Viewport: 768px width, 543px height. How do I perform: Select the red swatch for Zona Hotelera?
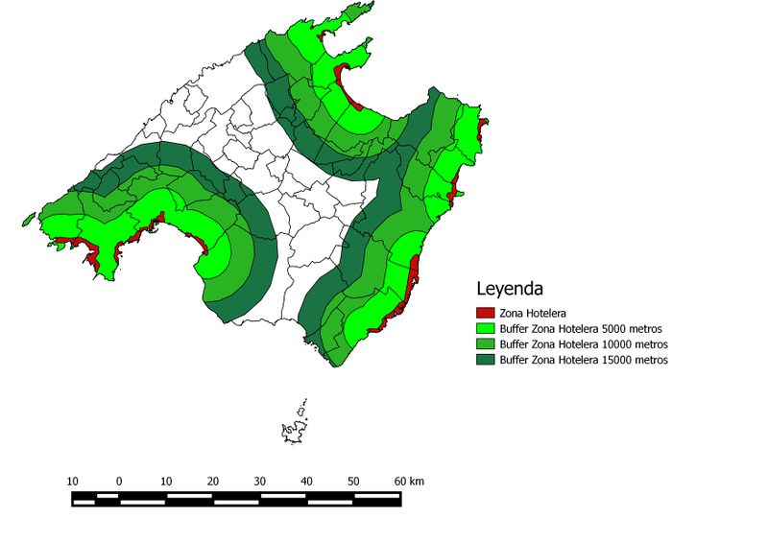coord(486,313)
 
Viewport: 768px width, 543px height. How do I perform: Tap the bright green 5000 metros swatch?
coord(486,328)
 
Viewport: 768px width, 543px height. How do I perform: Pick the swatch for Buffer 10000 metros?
coord(486,343)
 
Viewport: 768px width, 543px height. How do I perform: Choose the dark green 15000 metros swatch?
coord(486,359)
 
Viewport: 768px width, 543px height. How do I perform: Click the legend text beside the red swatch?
coord(533,313)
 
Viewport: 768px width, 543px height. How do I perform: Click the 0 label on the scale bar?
coord(119,481)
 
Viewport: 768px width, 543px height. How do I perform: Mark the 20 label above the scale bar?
coord(213,481)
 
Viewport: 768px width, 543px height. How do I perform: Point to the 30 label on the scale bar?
coord(260,481)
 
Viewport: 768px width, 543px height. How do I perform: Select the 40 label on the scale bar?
coord(307,481)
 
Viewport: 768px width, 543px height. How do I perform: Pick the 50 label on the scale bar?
coord(354,481)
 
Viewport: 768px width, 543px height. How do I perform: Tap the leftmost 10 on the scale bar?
coord(72,481)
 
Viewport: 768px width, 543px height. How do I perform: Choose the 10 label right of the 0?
coord(166,481)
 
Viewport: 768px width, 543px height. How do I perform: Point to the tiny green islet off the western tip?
coord(28,221)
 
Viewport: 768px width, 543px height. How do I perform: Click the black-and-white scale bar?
coord(236,498)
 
